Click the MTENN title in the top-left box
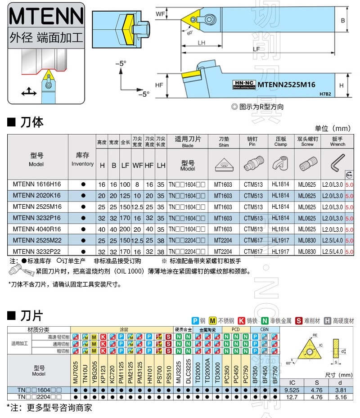point(46,17)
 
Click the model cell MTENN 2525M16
point(37,207)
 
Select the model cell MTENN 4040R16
point(37,229)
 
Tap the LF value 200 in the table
point(125,229)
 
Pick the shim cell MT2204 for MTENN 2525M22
point(223,241)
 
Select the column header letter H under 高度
point(102,166)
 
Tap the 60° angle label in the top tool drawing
point(189,32)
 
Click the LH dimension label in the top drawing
point(201,43)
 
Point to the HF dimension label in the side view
point(159,84)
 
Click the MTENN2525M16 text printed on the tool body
point(286,85)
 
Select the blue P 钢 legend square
point(195,320)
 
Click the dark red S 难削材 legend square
point(298,320)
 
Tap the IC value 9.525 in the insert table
point(293,390)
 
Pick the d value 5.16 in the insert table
point(341,397)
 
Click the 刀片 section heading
point(31,314)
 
